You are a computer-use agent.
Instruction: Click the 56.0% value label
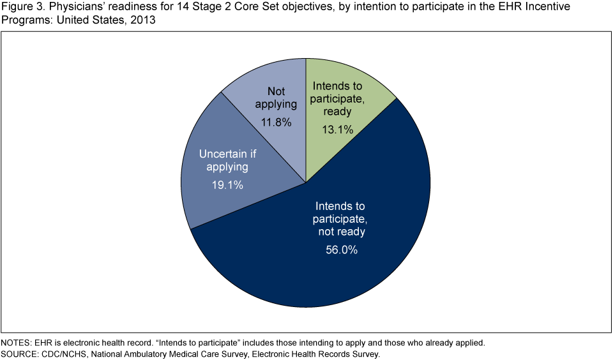[338, 250]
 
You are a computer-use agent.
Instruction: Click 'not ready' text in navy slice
[340, 231]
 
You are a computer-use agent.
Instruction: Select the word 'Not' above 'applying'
[276, 91]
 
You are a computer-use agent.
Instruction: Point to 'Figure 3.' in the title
[20, 6]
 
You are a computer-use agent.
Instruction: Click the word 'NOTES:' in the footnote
[17, 343]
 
